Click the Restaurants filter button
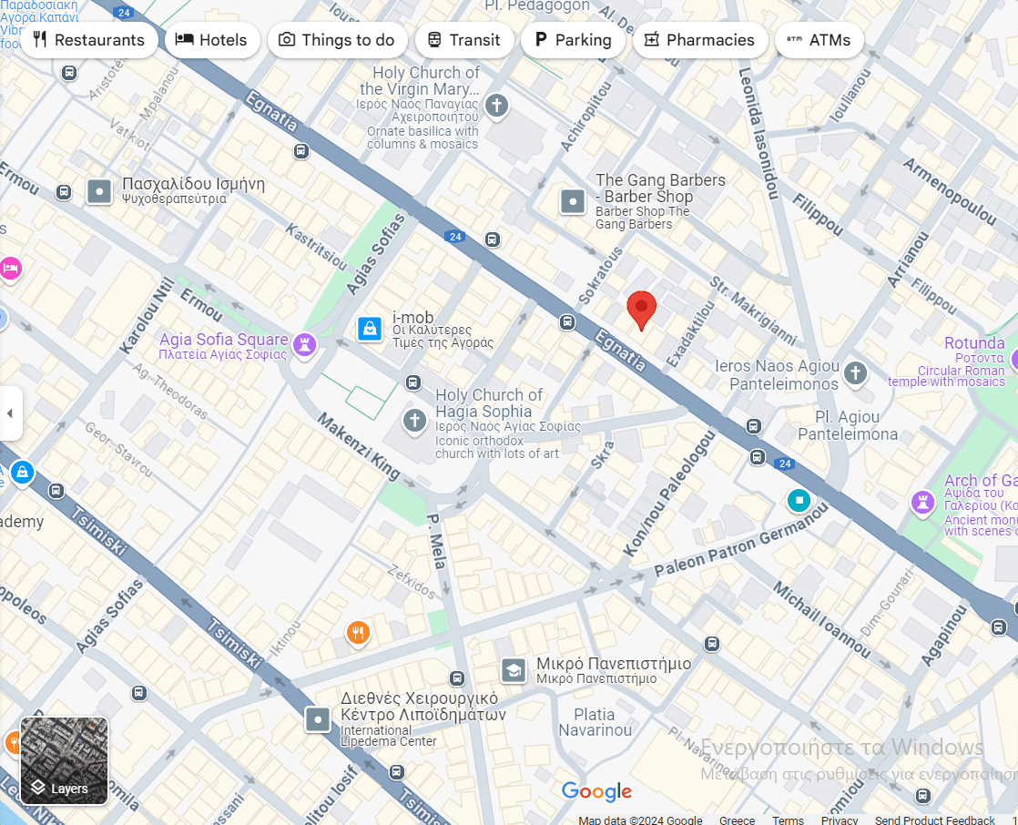[x=88, y=40]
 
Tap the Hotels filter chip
[x=211, y=40]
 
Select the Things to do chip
[x=337, y=40]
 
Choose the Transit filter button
[x=463, y=40]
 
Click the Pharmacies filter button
[x=699, y=40]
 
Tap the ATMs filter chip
[x=818, y=40]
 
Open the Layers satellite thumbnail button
[x=65, y=761]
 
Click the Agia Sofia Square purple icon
[x=304, y=344]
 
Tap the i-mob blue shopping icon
[x=370, y=328]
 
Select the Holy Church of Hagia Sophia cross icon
[x=415, y=421]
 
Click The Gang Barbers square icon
[x=573, y=201]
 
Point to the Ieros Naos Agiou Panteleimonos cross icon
[x=854, y=372]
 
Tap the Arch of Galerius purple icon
[x=923, y=502]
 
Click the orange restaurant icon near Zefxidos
[x=359, y=632]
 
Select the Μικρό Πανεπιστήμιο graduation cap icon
[x=514, y=671]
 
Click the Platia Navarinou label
[x=595, y=722]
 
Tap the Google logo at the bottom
[x=596, y=791]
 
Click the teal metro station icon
[x=799, y=500]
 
